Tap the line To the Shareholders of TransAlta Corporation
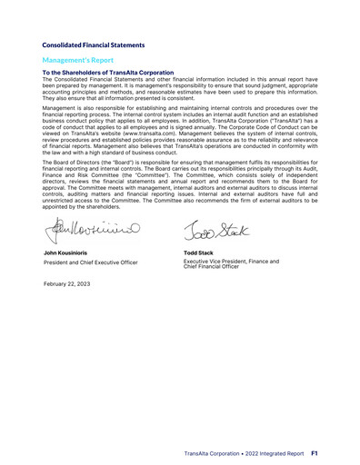coord(107,72)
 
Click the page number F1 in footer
coord(314,451)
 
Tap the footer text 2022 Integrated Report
coord(278,451)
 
